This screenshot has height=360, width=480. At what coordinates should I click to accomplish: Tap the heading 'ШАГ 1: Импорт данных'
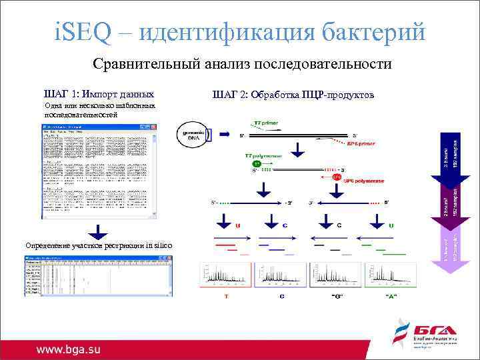99,94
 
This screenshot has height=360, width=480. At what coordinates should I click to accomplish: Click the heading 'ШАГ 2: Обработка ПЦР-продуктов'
293,94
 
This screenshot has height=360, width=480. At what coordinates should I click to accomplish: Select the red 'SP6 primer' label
361,143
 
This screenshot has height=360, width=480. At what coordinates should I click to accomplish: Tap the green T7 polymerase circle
256,163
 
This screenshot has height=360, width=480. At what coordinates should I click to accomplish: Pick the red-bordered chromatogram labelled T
226,276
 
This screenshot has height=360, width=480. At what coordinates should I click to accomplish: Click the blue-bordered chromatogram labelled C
280,276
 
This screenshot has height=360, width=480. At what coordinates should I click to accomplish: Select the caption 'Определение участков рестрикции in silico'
99,246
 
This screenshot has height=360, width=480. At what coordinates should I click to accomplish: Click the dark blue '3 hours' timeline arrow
450,157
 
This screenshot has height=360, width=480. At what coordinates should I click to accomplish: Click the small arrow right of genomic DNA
209,135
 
